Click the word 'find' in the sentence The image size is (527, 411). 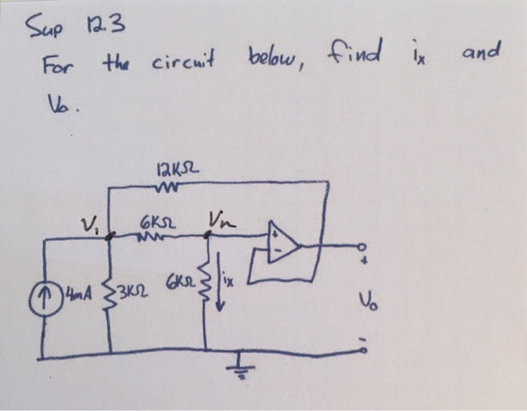point(352,54)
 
